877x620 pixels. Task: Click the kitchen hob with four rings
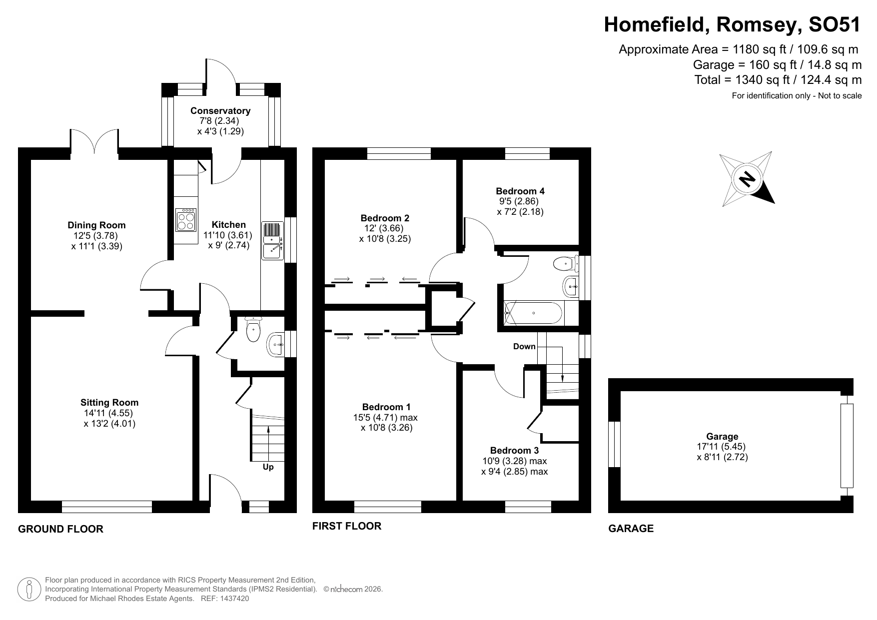click(186, 220)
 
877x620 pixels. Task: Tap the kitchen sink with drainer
click(272, 240)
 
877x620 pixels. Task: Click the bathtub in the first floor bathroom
click(534, 313)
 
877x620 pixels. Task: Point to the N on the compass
click(747, 179)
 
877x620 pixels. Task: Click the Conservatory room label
click(220, 110)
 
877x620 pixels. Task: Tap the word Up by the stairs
click(268, 467)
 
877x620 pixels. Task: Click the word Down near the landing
click(524, 346)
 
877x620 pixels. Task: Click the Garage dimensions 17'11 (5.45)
click(722, 447)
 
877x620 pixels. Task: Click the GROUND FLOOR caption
click(60, 529)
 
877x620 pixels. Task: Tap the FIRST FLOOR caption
click(347, 526)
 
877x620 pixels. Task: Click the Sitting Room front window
click(107, 507)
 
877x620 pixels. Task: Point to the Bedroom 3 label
click(514, 450)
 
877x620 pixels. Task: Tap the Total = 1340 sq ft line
click(778, 80)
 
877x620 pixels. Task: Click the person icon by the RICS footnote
click(29, 590)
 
